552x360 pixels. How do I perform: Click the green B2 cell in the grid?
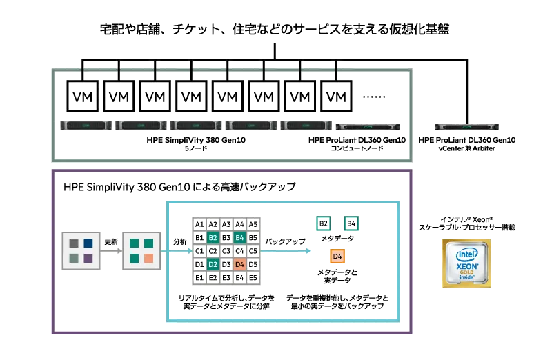click(213, 237)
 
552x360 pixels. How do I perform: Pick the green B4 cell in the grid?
click(239, 237)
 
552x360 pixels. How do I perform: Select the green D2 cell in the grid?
click(213, 263)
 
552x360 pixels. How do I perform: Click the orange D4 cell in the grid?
click(239, 263)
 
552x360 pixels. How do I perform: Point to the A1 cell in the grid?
click(199, 224)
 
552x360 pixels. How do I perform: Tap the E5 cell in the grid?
click(253, 277)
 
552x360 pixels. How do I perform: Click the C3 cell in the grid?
click(226, 250)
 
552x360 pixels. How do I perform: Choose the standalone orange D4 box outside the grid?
click(337, 257)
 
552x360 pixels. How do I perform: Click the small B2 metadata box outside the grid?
click(324, 223)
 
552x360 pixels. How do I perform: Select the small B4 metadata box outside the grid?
click(351, 223)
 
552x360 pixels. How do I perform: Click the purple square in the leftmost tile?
click(88, 257)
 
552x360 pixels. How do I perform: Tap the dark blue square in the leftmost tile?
click(88, 243)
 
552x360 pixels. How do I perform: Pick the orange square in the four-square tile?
click(148, 258)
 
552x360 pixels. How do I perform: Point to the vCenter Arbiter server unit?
click(468, 126)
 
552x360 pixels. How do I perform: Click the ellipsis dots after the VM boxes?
click(373, 97)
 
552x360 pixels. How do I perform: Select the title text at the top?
click(275, 30)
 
